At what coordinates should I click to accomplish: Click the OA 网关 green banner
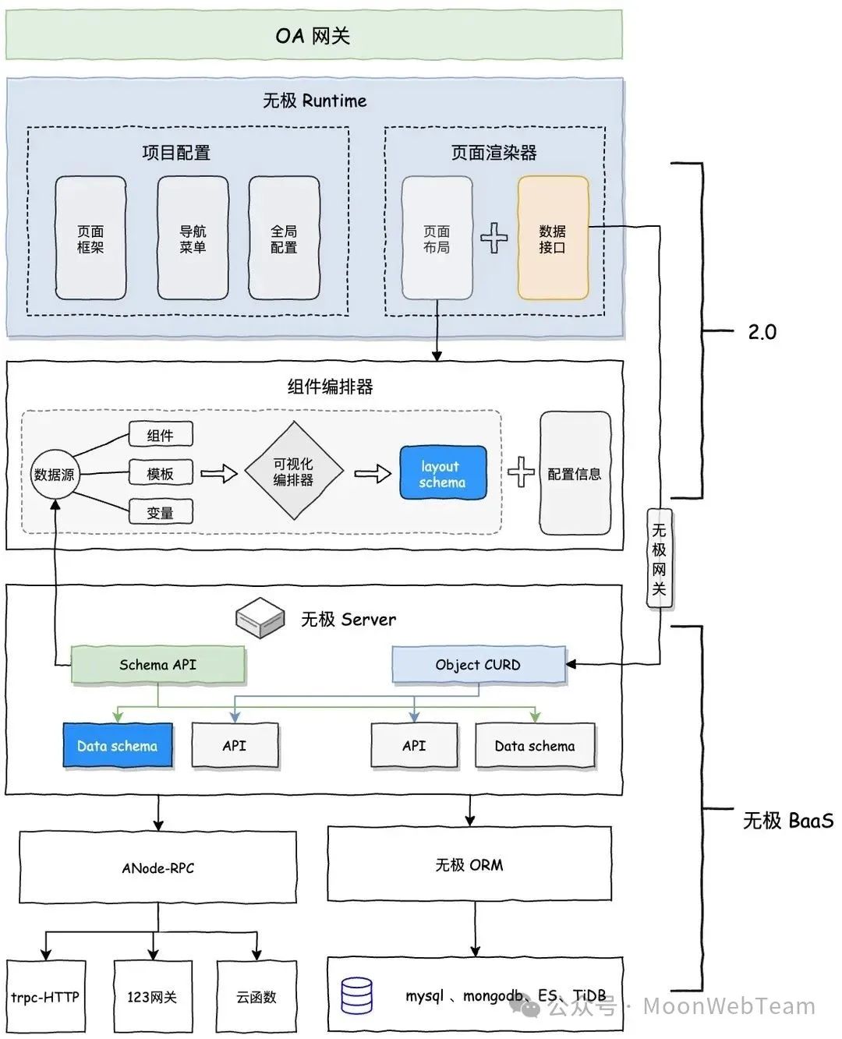(313, 35)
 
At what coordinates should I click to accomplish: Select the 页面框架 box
(90, 239)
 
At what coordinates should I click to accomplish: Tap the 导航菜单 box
(193, 239)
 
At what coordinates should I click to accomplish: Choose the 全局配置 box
(284, 239)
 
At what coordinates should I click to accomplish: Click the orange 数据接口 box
(553, 239)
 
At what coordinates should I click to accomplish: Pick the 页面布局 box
(437, 239)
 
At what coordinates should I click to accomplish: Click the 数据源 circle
(54, 474)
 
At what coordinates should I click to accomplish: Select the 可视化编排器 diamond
(293, 472)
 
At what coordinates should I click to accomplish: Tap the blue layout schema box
(443, 473)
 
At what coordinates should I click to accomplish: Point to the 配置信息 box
(575, 473)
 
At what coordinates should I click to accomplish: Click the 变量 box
(160, 512)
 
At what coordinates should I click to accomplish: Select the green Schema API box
(157, 665)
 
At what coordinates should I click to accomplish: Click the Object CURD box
(478, 665)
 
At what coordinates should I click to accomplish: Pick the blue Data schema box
(117, 746)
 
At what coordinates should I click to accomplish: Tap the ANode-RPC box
(157, 868)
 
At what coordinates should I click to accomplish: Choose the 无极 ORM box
(469, 864)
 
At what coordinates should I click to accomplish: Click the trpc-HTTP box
(45, 997)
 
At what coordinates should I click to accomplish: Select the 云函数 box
(256, 997)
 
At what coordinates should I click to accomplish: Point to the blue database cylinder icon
(357, 996)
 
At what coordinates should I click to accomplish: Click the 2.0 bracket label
(762, 332)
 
